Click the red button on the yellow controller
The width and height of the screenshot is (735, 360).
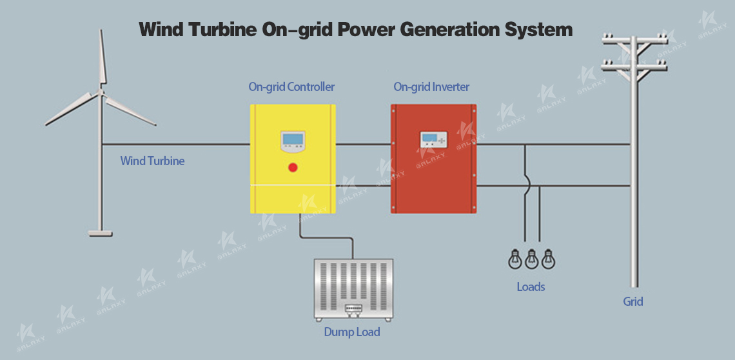293,168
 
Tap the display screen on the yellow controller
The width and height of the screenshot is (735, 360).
293,139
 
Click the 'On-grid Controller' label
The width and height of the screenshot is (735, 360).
291,86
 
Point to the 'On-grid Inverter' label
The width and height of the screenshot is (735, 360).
431,86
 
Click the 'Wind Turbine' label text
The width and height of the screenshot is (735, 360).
152,161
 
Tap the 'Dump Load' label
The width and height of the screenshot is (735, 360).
352,332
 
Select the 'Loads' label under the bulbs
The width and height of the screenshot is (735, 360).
531,286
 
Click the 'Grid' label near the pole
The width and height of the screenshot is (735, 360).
632,301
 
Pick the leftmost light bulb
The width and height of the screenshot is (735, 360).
514,259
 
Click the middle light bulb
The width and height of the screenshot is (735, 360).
531,259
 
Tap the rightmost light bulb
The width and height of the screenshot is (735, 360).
548,259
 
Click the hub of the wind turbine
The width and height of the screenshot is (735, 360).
101,92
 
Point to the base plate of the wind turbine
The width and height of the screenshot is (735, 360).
100,231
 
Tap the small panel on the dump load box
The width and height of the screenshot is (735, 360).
353,309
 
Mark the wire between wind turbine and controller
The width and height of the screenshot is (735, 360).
174,145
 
